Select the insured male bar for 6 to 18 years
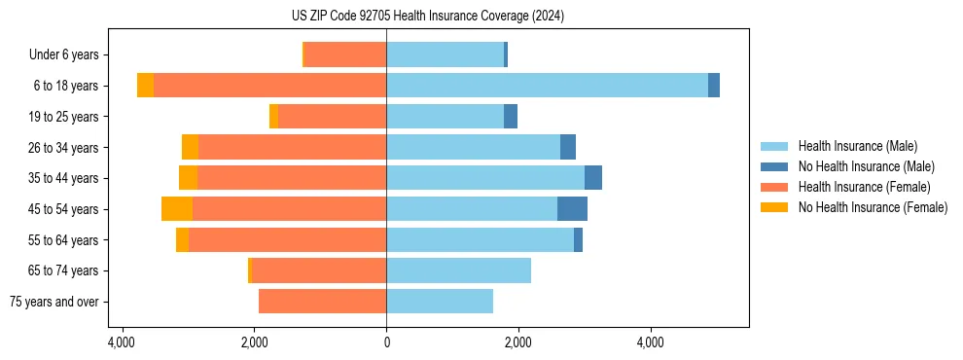(x=547, y=86)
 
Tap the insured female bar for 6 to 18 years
(x=269, y=86)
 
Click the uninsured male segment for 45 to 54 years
(x=572, y=209)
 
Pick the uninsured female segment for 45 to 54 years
(x=177, y=209)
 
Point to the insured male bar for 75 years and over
(x=440, y=302)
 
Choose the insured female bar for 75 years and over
(x=322, y=302)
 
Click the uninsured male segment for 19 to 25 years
(x=511, y=117)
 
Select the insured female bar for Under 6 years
(x=345, y=54)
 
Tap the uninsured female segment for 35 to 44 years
(x=188, y=178)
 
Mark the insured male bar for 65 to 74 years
(x=458, y=270)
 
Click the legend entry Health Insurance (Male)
(x=857, y=146)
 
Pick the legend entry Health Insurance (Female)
(x=864, y=187)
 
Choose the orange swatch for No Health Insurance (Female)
(x=775, y=207)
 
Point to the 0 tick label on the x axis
(x=386, y=342)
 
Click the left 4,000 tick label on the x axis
(x=122, y=342)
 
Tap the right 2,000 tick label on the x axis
(x=518, y=342)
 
